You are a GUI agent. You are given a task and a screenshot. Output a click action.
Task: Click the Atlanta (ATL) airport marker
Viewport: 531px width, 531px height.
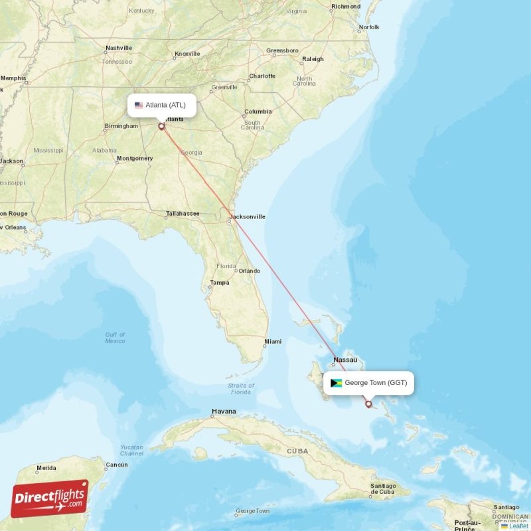tap(161, 125)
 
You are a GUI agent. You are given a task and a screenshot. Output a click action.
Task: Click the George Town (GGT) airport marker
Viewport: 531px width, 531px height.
tap(368, 404)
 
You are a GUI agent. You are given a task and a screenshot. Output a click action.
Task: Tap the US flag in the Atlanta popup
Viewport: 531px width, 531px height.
tap(139, 105)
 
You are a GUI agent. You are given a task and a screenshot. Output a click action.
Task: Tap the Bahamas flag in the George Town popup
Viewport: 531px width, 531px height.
tap(336, 383)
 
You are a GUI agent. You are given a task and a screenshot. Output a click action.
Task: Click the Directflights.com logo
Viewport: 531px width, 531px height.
tap(50, 498)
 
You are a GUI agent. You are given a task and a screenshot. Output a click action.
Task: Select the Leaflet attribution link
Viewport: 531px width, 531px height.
tap(518, 526)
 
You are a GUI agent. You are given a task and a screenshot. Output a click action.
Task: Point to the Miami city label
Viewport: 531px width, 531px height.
tap(273, 342)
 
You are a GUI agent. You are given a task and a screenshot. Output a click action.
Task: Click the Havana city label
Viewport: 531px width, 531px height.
tap(224, 412)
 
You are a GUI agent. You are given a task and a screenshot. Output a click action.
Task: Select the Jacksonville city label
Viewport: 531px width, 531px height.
tap(248, 216)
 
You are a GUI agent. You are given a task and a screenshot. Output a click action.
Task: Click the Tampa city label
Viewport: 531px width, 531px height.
tap(219, 283)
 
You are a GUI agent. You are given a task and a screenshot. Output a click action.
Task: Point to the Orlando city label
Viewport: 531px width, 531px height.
tap(250, 271)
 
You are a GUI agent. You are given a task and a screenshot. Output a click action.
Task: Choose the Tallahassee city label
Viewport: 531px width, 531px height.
tap(183, 214)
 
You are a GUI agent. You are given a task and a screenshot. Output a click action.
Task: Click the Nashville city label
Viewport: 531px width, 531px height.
tap(119, 48)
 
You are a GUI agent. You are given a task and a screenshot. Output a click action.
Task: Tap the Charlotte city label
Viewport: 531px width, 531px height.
tap(262, 76)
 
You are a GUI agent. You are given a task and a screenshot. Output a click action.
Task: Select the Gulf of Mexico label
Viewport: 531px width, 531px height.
tap(115, 337)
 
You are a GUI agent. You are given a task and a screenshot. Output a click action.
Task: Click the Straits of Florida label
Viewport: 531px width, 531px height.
tap(241, 388)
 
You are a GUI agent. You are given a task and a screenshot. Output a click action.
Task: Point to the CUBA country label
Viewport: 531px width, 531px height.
tap(297, 451)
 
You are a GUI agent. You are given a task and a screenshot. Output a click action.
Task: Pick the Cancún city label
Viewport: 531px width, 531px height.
tap(117, 465)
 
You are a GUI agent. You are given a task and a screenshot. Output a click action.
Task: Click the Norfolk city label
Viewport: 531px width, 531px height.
tap(368, 27)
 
